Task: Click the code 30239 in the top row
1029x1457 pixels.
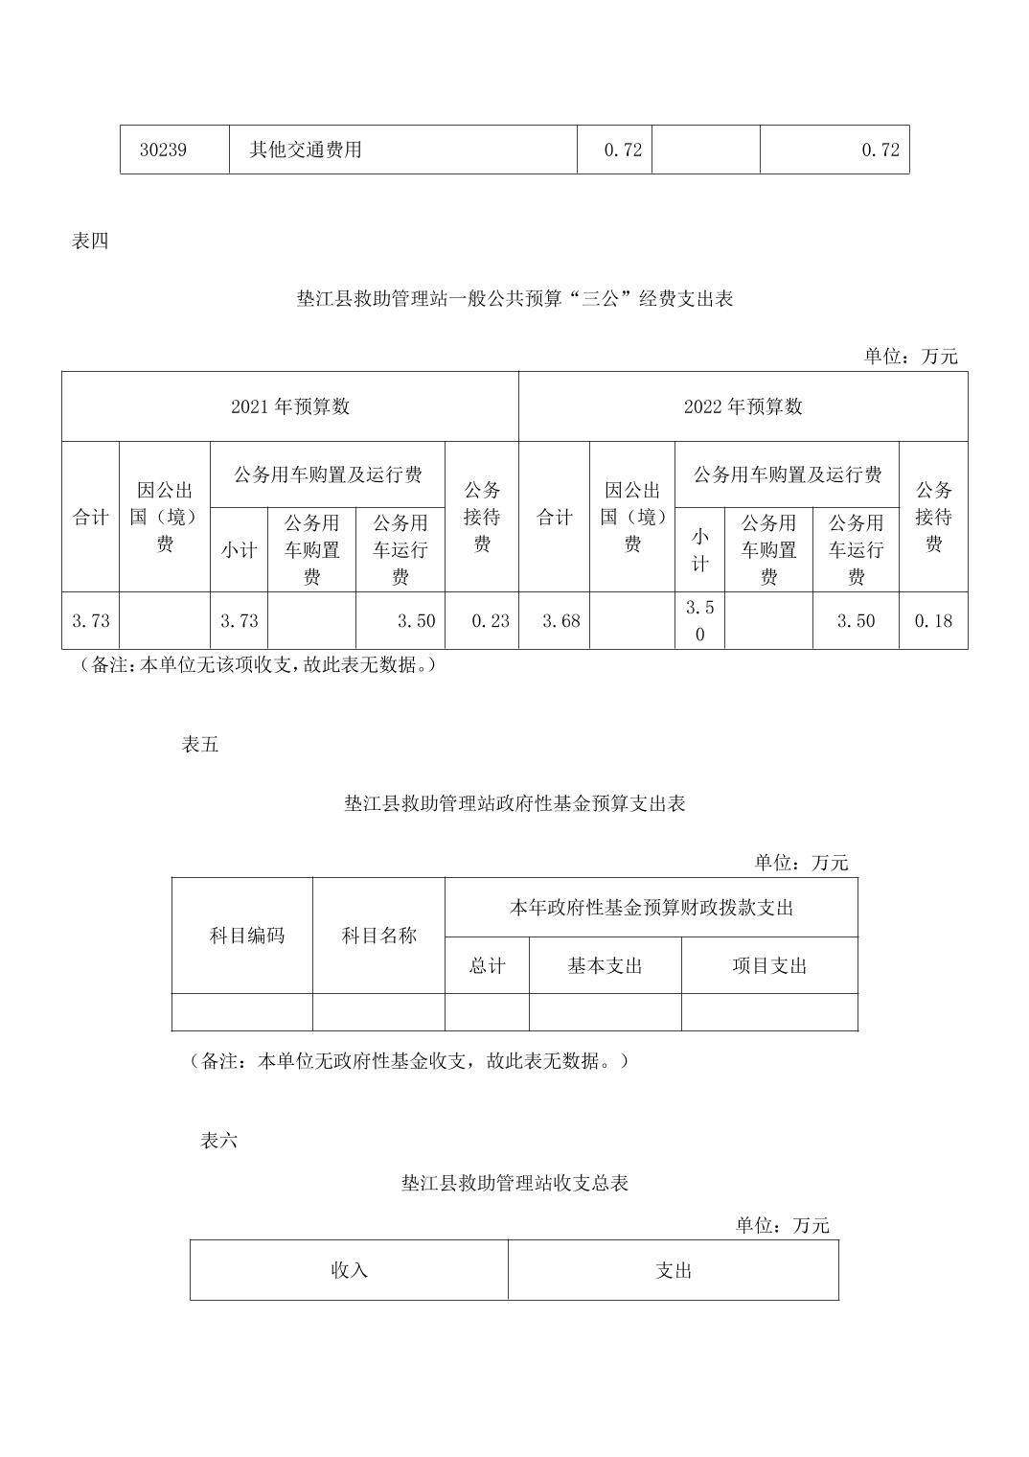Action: click(x=163, y=150)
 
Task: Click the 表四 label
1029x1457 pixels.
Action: click(x=90, y=242)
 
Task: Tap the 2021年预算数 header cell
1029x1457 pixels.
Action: click(x=290, y=406)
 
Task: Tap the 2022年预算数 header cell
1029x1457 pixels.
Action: click(x=743, y=406)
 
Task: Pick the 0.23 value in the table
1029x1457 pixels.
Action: click(x=491, y=621)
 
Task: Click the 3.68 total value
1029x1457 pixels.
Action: click(x=561, y=621)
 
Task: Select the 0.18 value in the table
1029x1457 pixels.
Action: click(x=933, y=621)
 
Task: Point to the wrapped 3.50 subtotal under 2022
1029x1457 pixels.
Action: click(x=699, y=620)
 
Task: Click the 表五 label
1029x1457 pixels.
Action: click(x=199, y=745)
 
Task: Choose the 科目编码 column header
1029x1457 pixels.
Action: click(x=247, y=936)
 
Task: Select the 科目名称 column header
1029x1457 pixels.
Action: click(x=379, y=936)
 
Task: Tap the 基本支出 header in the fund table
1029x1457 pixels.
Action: click(x=606, y=966)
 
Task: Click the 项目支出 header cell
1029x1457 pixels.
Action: click(x=769, y=966)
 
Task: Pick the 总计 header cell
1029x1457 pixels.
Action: click(x=487, y=966)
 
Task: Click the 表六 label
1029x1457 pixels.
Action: click(x=218, y=1141)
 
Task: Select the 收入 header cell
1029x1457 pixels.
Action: click(x=349, y=1270)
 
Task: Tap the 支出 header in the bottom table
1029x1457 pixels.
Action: click(x=674, y=1270)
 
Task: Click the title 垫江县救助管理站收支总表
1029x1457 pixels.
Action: click(x=514, y=1183)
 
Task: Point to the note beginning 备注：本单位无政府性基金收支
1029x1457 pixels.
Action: click(x=409, y=1061)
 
